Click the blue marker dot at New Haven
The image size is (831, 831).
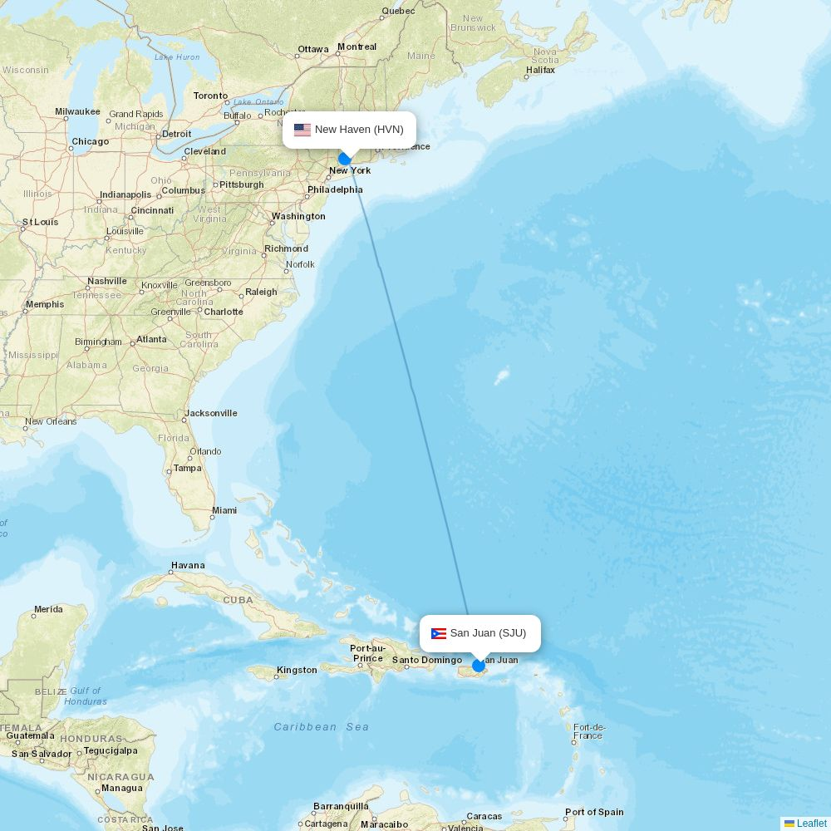click(x=345, y=159)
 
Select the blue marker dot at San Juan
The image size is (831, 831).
click(x=479, y=666)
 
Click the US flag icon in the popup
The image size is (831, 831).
click(x=302, y=130)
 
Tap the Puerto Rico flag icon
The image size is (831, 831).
click(x=439, y=634)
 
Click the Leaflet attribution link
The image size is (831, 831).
click(x=811, y=824)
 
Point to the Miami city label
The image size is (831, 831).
click(x=224, y=510)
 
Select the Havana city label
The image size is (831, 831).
click(x=188, y=565)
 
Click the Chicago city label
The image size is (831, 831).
click(x=90, y=141)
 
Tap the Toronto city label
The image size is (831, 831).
click(x=210, y=96)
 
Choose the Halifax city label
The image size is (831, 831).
click(x=540, y=71)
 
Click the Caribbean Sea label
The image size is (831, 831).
click(x=322, y=727)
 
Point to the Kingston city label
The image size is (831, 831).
click(x=297, y=670)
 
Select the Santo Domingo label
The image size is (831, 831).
click(x=426, y=661)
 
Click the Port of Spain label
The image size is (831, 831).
click(x=594, y=812)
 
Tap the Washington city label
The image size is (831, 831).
click(x=298, y=216)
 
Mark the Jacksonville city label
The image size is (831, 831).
click(x=211, y=413)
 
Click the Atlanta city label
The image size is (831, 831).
click(x=151, y=339)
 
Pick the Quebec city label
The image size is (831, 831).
click(x=398, y=12)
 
